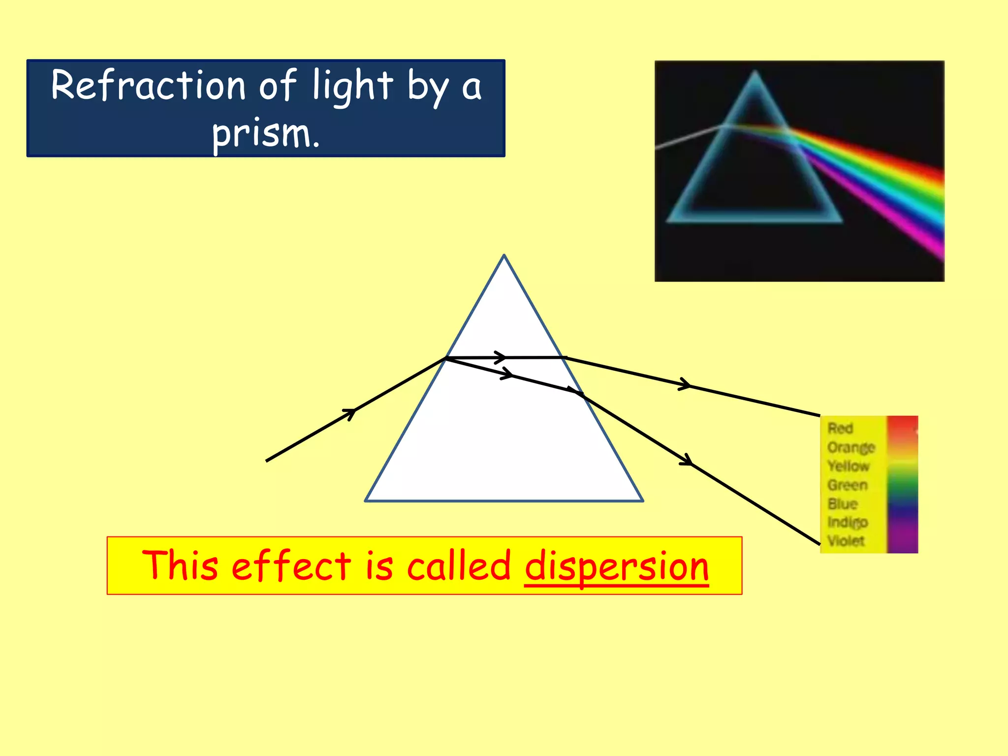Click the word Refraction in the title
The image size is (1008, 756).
[x=148, y=86]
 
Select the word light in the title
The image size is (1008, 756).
[x=353, y=87]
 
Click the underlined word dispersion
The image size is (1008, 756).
[x=616, y=567]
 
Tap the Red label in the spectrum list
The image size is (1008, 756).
[x=840, y=428]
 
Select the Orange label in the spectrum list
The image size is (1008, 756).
[x=851, y=447]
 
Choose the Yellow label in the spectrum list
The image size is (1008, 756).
[x=849, y=466]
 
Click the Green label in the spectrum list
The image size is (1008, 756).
[x=848, y=485]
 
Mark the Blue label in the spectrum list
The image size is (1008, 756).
[x=843, y=504]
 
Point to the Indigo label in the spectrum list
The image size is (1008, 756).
[x=848, y=522]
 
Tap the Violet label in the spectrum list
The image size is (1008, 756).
[x=846, y=540]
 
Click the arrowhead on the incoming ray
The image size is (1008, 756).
[x=350, y=412]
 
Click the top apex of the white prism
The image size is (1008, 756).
[x=504, y=255]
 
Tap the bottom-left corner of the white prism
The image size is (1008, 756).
[x=365, y=501]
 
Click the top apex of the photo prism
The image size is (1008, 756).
[x=755, y=72]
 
